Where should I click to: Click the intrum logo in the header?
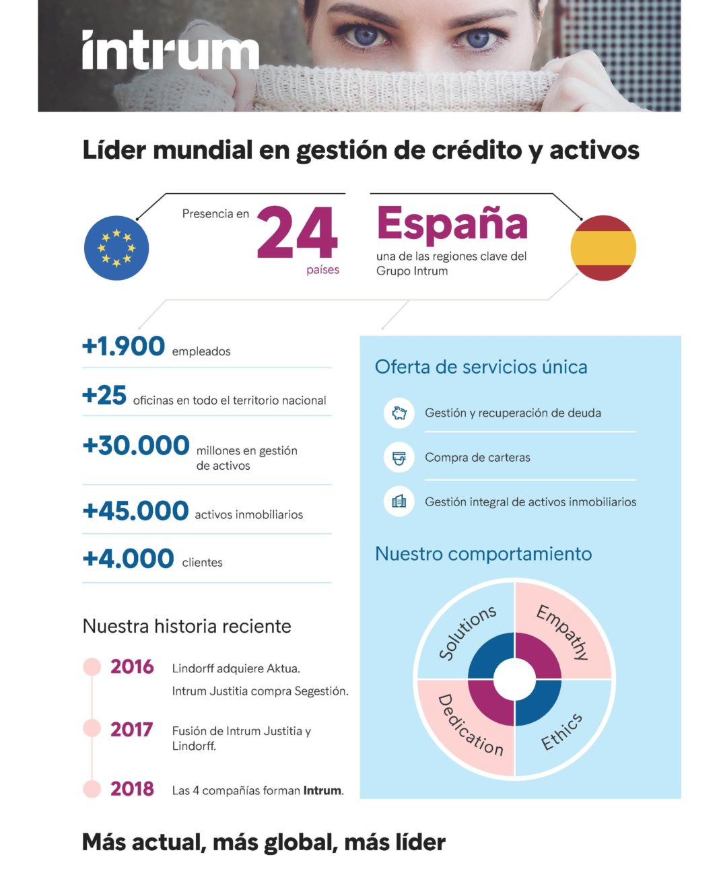click(x=170, y=50)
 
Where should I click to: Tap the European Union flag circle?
click(x=116, y=248)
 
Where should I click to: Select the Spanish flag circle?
click(x=603, y=248)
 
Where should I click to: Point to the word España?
click(x=452, y=224)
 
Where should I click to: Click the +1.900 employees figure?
click(x=123, y=346)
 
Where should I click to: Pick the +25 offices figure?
click(x=104, y=395)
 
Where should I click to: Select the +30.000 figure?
click(x=136, y=446)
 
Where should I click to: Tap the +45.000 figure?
click(x=135, y=511)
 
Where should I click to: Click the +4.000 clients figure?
click(x=128, y=559)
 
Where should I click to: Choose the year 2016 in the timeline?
click(x=132, y=666)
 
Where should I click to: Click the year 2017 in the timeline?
click(x=131, y=729)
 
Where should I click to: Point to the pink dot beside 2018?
click(x=92, y=789)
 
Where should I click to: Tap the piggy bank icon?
click(x=399, y=413)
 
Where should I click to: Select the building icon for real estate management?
click(x=399, y=501)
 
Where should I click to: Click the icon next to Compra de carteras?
click(x=399, y=458)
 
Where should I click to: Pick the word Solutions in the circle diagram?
click(x=467, y=632)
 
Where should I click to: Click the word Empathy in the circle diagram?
click(x=563, y=631)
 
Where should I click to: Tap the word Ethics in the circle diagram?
click(x=561, y=732)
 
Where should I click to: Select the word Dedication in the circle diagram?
click(x=470, y=726)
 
